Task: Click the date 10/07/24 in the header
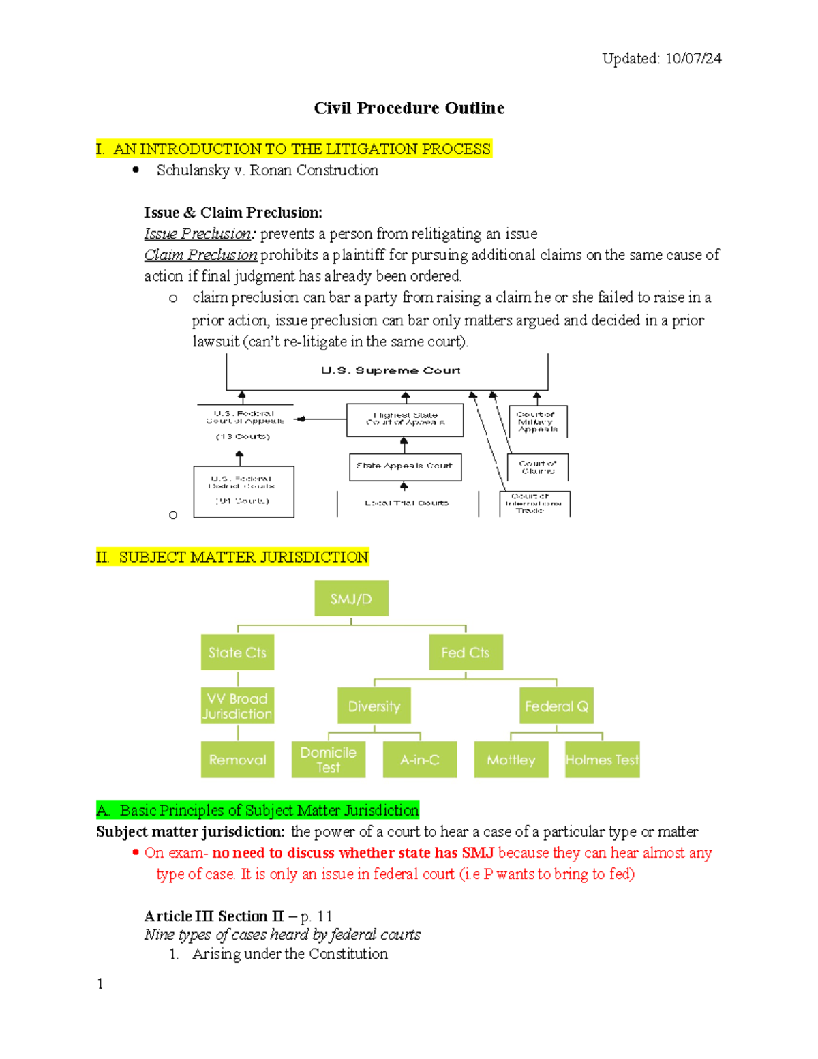(x=693, y=59)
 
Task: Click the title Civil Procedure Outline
(x=409, y=108)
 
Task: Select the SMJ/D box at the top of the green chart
(x=351, y=599)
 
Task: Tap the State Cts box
(x=237, y=653)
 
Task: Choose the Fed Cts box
(x=466, y=653)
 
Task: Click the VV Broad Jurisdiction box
(x=237, y=706)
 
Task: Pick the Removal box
(x=237, y=760)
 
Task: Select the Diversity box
(x=374, y=706)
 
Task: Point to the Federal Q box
(x=556, y=706)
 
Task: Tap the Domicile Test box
(x=328, y=760)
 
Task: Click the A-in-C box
(x=420, y=760)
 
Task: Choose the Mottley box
(x=511, y=760)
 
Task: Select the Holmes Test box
(x=603, y=760)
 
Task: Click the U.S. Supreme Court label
(x=391, y=370)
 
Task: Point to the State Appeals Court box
(x=405, y=466)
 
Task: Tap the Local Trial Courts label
(x=406, y=503)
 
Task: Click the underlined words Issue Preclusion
(x=198, y=234)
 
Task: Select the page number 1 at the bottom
(x=100, y=983)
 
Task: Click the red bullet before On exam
(x=136, y=852)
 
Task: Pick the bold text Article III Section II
(x=213, y=916)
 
